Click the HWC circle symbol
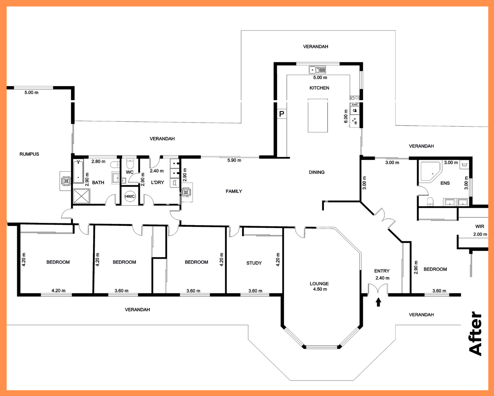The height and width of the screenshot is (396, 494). [130, 196]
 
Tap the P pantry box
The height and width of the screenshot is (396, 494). [282, 114]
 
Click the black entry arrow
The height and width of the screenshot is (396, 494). [378, 302]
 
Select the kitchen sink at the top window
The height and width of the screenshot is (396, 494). [317, 70]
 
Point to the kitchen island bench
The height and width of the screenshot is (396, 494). [318, 115]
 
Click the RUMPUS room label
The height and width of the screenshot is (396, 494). [29, 154]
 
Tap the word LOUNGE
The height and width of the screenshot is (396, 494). [319, 284]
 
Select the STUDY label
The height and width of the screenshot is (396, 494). [254, 263]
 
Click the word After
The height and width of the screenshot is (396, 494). [475, 334]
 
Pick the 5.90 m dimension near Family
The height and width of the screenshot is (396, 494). [234, 160]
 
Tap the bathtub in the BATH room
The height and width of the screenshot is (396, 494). [78, 172]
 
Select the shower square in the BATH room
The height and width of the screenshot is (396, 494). [82, 196]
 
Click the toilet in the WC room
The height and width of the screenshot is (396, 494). [130, 164]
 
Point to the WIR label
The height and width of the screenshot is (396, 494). [479, 227]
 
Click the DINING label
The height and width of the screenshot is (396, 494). [317, 172]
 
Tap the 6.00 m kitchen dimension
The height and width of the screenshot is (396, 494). [346, 116]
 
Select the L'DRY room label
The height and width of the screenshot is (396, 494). [157, 183]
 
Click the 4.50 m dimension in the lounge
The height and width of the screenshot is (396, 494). [320, 289]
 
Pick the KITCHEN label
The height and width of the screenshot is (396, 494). [319, 88]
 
